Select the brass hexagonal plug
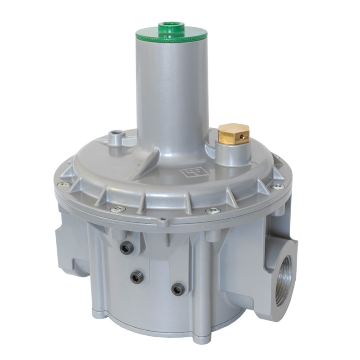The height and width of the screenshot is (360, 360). click(233, 134)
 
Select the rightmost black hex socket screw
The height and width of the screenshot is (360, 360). click(178, 288)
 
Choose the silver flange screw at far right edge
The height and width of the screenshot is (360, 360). click(278, 186)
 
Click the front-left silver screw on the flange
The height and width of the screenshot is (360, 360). click(118, 209)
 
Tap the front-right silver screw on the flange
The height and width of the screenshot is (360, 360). click(213, 210)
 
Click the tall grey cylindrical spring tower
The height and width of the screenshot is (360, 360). click(171, 94)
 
